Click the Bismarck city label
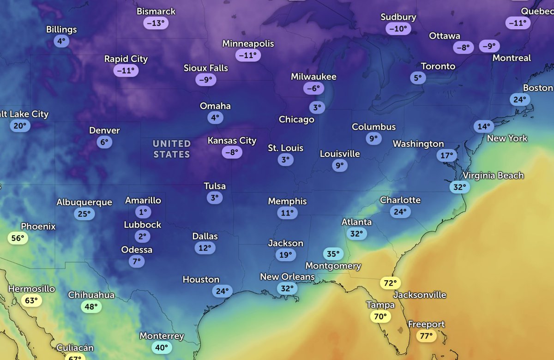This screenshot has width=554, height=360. tap(156, 11)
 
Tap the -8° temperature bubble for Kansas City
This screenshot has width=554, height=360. tap(232, 152)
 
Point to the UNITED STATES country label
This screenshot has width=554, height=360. tap(172, 149)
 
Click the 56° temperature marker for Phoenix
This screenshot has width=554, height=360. tap(18, 238)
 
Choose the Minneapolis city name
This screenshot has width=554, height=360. tap(248, 44)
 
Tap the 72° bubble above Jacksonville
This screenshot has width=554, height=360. tap(390, 283)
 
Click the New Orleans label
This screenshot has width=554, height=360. tap(287, 277)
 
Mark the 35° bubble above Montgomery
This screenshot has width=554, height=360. tap(333, 253)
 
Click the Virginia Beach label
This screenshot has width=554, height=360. tap(493, 175)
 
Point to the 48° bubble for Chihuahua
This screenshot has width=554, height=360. tap(91, 306)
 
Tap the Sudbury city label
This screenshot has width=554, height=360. tap(398, 17)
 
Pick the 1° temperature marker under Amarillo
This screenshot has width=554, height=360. tap(143, 212)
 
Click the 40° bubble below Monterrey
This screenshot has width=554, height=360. tap(162, 348)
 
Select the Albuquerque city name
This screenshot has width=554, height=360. tap(84, 202)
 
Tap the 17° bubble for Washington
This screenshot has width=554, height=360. tap(447, 156)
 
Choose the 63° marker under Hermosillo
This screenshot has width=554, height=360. tap(31, 301)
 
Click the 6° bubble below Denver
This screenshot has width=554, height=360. tap(104, 142)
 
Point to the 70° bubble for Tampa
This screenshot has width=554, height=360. tap(380, 317)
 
